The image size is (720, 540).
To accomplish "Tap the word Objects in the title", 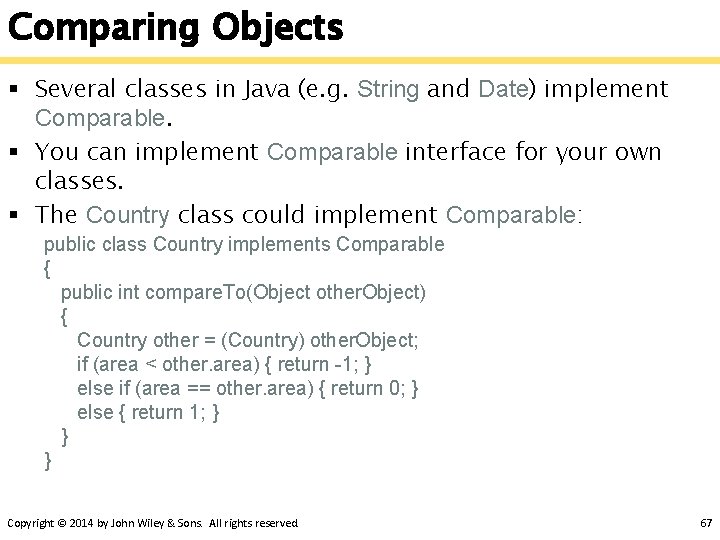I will (275, 28).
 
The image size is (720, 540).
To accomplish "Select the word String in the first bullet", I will (389, 89).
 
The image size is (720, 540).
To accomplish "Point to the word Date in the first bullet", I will (503, 89).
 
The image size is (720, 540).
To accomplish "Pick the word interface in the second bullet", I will (456, 153).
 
